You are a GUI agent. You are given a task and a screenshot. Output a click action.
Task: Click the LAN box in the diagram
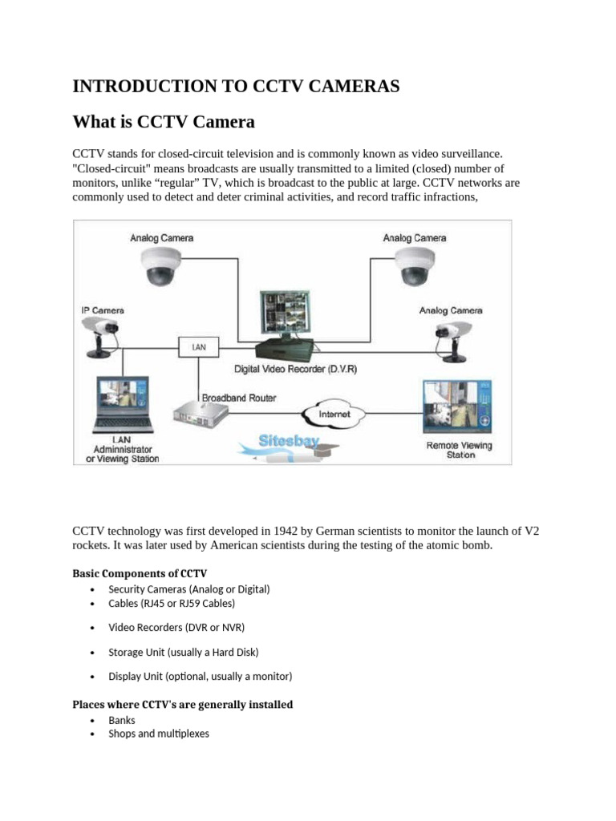click(197, 346)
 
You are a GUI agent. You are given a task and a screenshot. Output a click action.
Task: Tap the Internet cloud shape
click(334, 415)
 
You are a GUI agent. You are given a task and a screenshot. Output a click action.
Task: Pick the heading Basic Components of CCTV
click(140, 573)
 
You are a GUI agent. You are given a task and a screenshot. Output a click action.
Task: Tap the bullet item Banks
click(122, 720)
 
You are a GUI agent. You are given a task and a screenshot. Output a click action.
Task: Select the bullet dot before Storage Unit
click(94, 653)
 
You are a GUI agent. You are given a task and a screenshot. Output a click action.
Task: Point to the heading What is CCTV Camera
click(164, 122)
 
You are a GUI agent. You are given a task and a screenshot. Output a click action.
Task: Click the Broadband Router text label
click(239, 398)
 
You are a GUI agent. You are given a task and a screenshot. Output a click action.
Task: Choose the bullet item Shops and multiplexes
click(159, 734)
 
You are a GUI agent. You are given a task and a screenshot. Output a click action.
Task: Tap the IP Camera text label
click(103, 310)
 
